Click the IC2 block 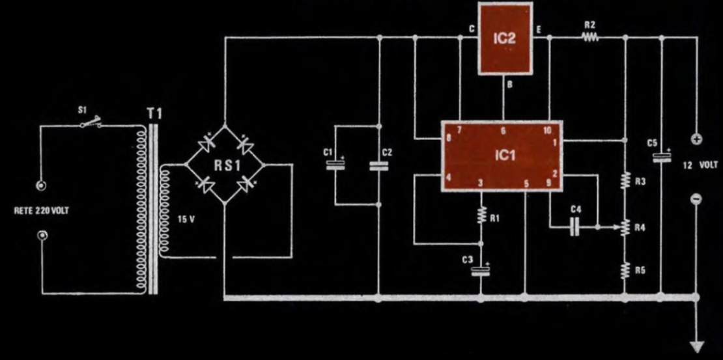505,38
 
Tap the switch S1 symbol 91,124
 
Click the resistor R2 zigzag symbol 590,38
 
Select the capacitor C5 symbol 662,157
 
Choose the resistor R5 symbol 625,269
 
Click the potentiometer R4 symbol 625,227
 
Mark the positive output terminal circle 696,139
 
